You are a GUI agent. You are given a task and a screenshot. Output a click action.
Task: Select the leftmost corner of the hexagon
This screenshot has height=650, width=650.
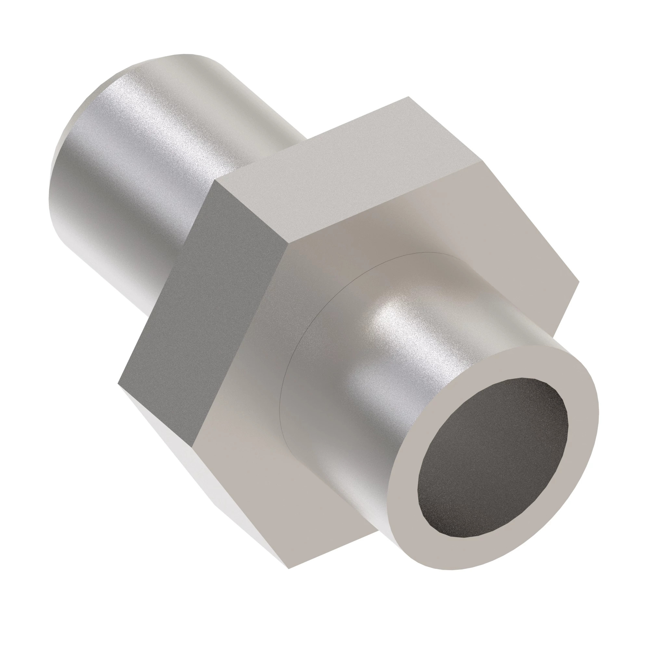[x=118, y=383]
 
